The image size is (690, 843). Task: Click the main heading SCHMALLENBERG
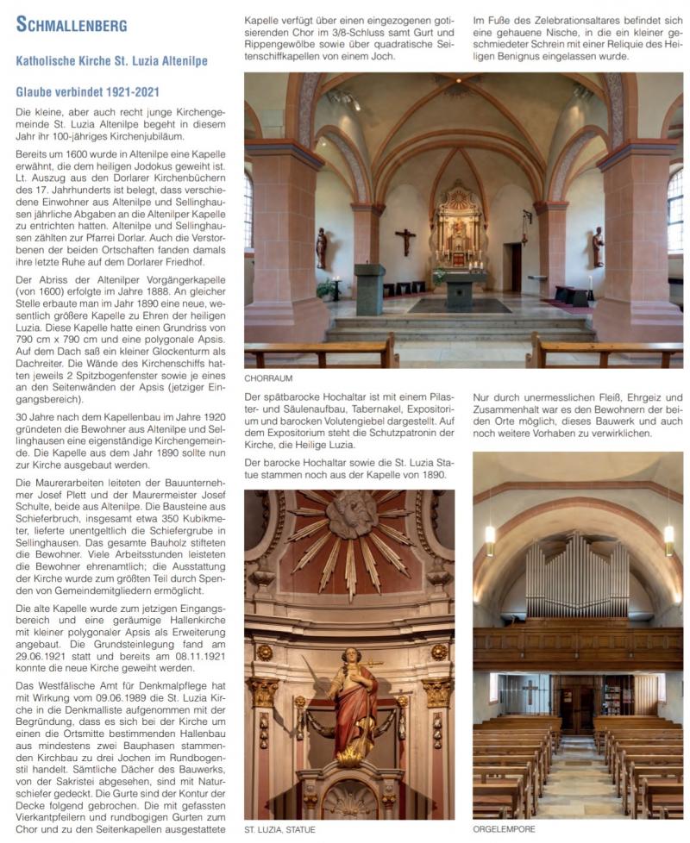point(72,24)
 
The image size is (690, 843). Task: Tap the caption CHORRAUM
point(267,378)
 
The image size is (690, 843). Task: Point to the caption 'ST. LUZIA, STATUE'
point(279,829)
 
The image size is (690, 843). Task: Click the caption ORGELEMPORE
point(505,829)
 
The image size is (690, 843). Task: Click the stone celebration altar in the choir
point(466,290)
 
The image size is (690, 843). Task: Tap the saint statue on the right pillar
point(598,247)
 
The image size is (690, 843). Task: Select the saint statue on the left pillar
point(322,247)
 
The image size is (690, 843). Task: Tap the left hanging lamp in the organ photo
point(489,540)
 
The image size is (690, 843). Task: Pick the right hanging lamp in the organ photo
point(668,540)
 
